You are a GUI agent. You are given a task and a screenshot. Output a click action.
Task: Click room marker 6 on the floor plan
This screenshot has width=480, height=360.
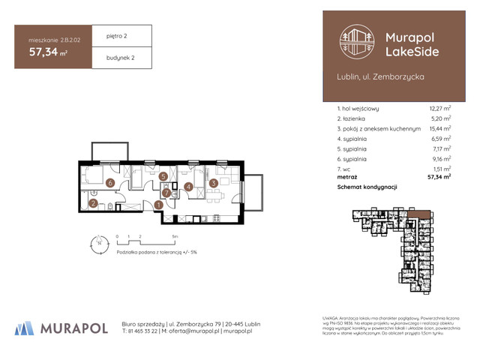(x=109, y=182)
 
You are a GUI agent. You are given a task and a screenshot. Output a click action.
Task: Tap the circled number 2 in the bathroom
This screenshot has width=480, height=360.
(x=93, y=202)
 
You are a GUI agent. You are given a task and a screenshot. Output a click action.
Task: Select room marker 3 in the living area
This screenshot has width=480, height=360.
(x=213, y=183)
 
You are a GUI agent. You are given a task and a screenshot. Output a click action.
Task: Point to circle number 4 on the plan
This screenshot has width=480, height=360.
(x=189, y=187)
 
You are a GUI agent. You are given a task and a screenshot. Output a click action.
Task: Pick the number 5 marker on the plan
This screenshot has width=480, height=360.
(x=163, y=177)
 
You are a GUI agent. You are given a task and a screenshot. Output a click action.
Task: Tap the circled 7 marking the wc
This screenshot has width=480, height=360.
(x=166, y=192)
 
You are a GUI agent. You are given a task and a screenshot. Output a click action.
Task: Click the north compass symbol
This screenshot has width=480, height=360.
(x=96, y=241)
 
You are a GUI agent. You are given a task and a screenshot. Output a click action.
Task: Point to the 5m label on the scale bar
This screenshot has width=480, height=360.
(x=175, y=235)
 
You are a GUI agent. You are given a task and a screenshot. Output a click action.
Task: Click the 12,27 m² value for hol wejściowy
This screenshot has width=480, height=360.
(x=439, y=109)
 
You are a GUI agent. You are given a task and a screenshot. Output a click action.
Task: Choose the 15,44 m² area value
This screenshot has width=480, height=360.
(x=439, y=128)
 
